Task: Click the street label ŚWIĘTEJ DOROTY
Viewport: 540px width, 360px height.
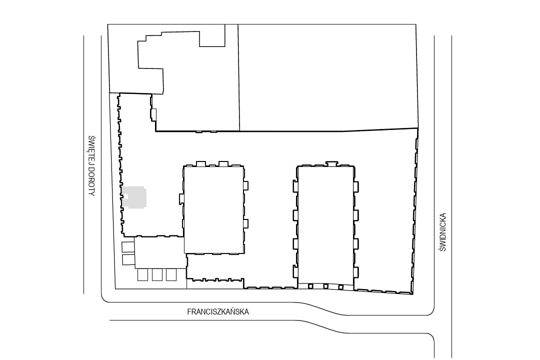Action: click(x=91, y=165)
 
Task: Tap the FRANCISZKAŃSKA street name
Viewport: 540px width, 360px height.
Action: click(x=218, y=312)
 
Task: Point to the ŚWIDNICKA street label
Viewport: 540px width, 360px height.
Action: click(x=442, y=232)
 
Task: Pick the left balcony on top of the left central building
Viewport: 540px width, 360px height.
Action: click(x=201, y=163)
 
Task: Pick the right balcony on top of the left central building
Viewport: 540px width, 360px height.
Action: click(x=223, y=163)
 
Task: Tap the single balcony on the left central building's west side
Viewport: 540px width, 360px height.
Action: click(x=182, y=199)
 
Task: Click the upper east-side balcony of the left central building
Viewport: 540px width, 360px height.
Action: click(x=245, y=185)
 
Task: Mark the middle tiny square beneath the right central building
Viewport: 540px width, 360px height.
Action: click(x=325, y=286)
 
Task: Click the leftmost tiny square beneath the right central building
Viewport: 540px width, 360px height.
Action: click(x=310, y=286)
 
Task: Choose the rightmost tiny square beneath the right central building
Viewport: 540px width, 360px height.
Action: click(x=341, y=287)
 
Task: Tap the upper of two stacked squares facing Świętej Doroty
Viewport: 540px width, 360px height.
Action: click(x=128, y=247)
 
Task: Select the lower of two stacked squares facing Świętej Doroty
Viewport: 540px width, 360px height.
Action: click(x=128, y=260)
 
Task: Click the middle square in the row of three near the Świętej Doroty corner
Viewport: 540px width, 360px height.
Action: click(x=157, y=275)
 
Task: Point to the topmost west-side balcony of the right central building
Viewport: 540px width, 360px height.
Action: click(x=295, y=186)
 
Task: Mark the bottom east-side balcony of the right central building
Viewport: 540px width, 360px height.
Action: click(x=356, y=272)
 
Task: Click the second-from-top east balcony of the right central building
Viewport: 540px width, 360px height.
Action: click(x=356, y=215)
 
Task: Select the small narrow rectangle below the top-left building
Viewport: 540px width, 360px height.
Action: click(x=154, y=114)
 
